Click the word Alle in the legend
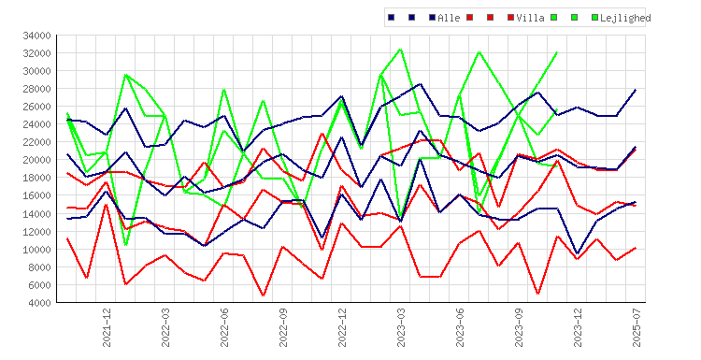(x=449, y=18)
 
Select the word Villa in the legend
(x=530, y=18)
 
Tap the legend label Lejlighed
(x=625, y=18)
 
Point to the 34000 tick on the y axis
(x=36, y=36)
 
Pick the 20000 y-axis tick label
(x=36, y=160)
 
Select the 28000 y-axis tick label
(x=36, y=89)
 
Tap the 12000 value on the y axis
(x=36, y=232)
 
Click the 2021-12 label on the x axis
(x=107, y=327)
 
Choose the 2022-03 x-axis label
(x=165, y=327)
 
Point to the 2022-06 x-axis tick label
(x=224, y=327)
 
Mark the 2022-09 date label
(x=283, y=327)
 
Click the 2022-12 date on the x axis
(x=342, y=327)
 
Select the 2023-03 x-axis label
(x=401, y=327)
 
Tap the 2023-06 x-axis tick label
(x=460, y=327)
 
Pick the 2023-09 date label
(x=519, y=327)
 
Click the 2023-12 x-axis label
(x=578, y=327)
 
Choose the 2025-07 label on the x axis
(x=637, y=327)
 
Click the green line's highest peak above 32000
(x=401, y=50)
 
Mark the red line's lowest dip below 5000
(x=264, y=295)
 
